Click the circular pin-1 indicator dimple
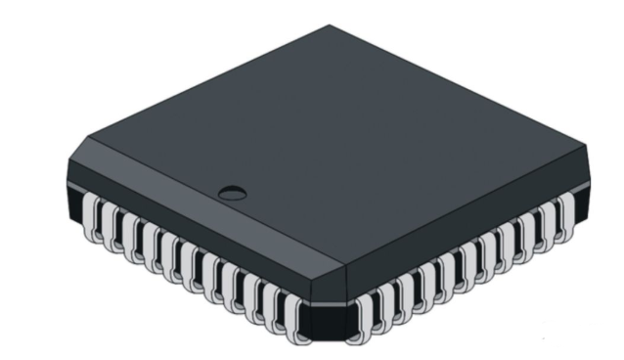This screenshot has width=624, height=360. [x=232, y=191]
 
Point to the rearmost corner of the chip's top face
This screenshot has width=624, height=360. [x=330, y=27]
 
